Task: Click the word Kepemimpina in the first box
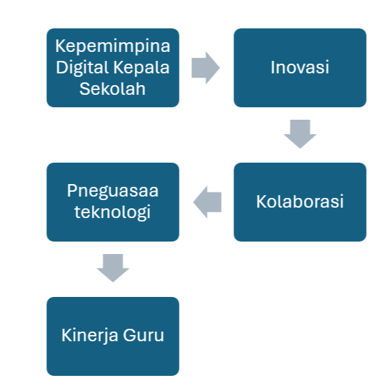pos(113,46)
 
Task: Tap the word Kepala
pos(142,68)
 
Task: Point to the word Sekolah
pos(113,89)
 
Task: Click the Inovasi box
pos(300,68)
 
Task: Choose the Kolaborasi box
pos(300,202)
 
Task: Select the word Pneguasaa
pos(113,191)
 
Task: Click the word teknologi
pos(113,212)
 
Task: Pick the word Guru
pos(144,335)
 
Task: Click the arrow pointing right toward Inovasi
pos(206,68)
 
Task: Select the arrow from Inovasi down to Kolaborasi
pos(300,134)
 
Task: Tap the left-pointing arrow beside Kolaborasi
pos(207,202)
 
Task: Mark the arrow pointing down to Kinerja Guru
pos(113,268)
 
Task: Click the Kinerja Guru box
pos(113,336)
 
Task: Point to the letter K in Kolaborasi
pos(262,201)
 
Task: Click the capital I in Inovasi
pos(272,67)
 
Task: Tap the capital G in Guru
pos(129,335)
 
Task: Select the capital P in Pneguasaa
pos(72,191)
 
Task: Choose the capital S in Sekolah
pos(84,89)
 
